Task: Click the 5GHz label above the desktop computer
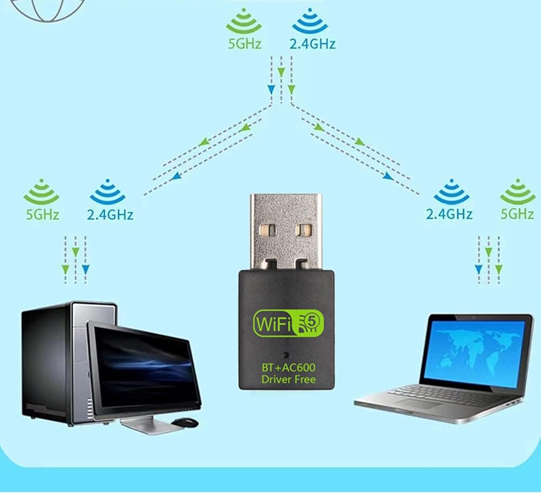tap(42, 215)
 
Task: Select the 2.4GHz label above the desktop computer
tap(110, 215)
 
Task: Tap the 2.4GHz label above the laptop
tap(449, 214)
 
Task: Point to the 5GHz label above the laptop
tap(517, 214)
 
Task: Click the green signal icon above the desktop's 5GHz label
tap(42, 192)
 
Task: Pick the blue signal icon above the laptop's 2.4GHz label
tap(451, 192)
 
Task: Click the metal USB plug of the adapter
tap(286, 232)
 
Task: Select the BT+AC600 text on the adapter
tap(288, 368)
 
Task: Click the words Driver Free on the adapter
tap(288, 379)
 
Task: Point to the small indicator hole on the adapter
tap(285, 354)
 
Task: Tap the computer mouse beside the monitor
tap(184, 422)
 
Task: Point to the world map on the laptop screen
tap(474, 352)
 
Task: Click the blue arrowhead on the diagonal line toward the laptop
tap(388, 176)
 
